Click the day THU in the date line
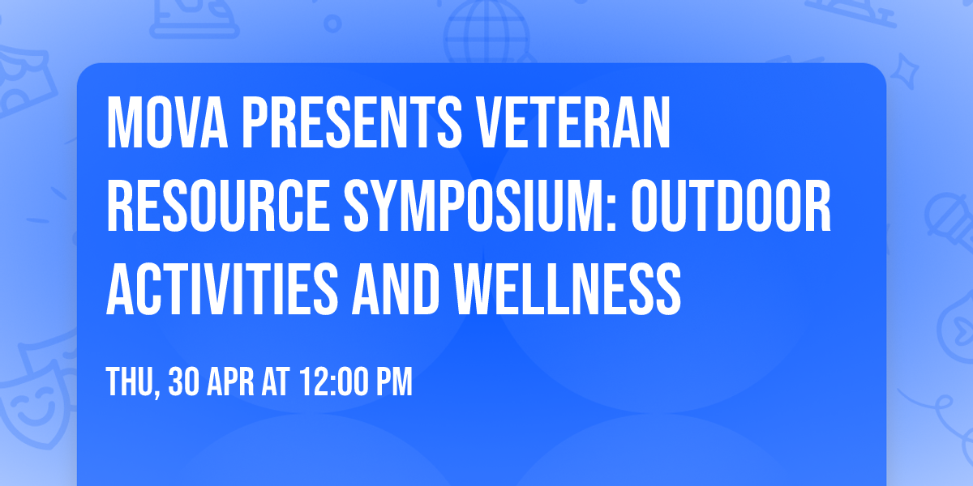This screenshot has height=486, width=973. click(130, 381)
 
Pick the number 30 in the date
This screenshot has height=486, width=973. click(184, 381)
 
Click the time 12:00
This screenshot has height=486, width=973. click(332, 381)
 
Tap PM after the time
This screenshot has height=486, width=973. click(392, 381)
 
